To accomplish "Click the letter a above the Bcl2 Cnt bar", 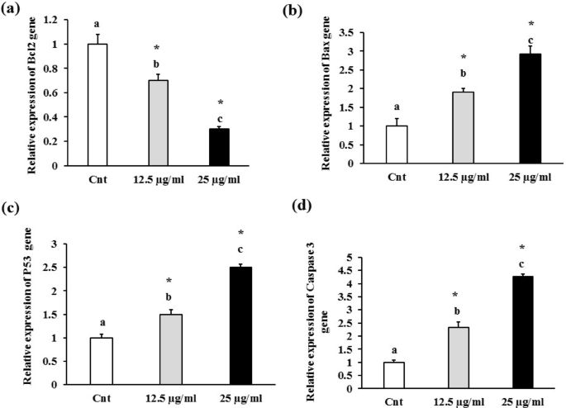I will coord(98,24).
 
